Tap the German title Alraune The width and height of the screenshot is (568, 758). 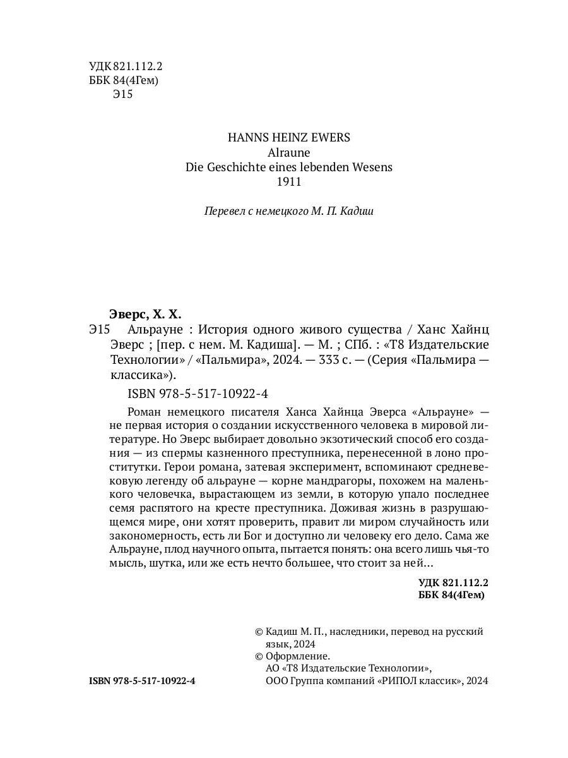coord(288,152)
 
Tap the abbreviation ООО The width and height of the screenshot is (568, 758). coord(280,681)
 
